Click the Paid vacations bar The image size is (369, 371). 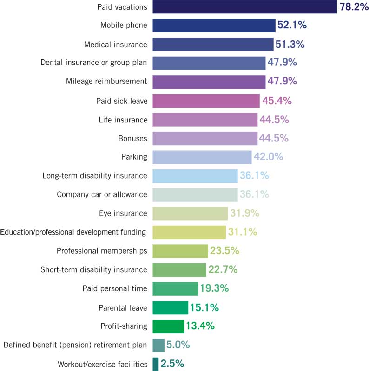(x=244, y=6)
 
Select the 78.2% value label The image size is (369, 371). (x=353, y=6)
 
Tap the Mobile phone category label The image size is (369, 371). (x=124, y=26)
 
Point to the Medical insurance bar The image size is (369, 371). (x=213, y=45)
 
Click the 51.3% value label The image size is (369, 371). (x=290, y=45)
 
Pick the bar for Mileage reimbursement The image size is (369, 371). (x=209, y=82)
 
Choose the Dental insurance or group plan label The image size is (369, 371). (x=94, y=63)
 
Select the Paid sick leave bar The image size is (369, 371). (x=206, y=101)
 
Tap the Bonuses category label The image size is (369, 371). (x=133, y=138)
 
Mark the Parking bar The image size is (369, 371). (x=202, y=157)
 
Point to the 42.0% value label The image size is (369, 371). (x=268, y=157)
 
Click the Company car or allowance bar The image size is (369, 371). (x=195, y=194)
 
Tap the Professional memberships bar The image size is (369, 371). (x=180, y=251)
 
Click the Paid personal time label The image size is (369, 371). (x=114, y=288)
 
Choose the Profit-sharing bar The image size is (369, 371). (x=168, y=326)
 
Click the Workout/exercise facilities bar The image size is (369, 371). (x=155, y=364)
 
